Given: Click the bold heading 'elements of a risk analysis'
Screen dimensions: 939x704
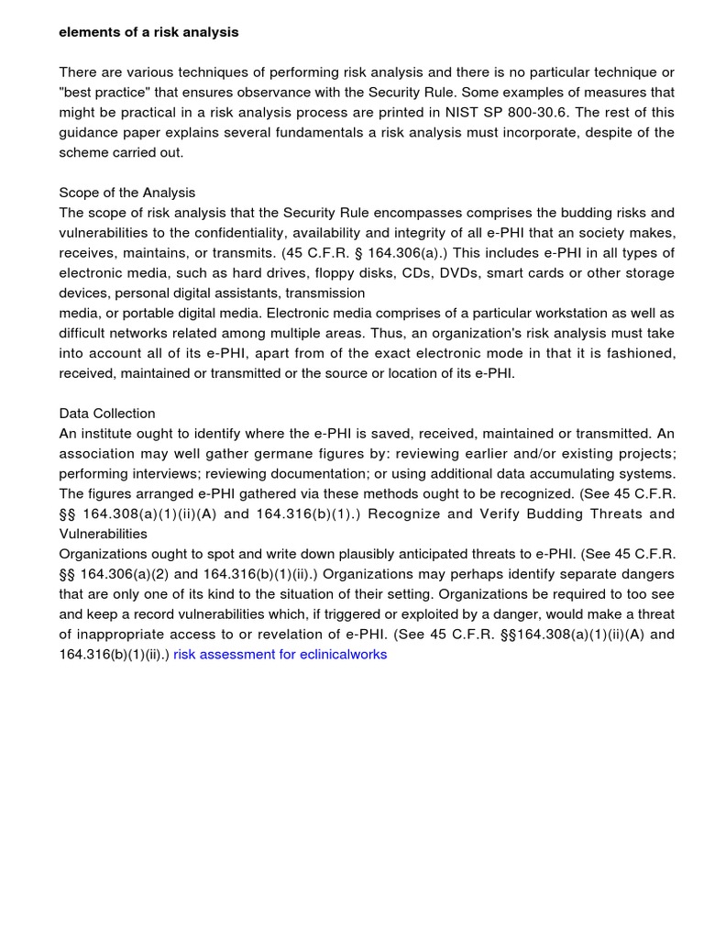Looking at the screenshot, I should [148, 32].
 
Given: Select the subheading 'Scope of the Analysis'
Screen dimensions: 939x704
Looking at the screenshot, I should [127, 193].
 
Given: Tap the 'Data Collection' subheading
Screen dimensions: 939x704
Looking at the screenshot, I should [107, 414].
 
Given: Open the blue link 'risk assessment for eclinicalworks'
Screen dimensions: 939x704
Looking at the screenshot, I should [280, 655].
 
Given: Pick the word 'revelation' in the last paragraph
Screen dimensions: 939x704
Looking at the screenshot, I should [283, 635].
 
